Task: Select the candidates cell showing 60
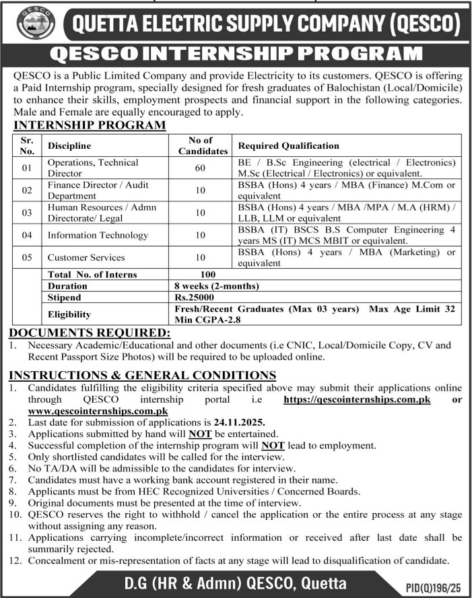click(200, 167)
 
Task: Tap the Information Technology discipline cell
click(97, 235)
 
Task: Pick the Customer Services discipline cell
click(86, 257)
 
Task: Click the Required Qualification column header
click(289, 145)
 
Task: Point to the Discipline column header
click(69, 145)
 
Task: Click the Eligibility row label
click(69, 313)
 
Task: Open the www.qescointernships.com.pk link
click(97, 410)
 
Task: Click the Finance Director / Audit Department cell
click(98, 190)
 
